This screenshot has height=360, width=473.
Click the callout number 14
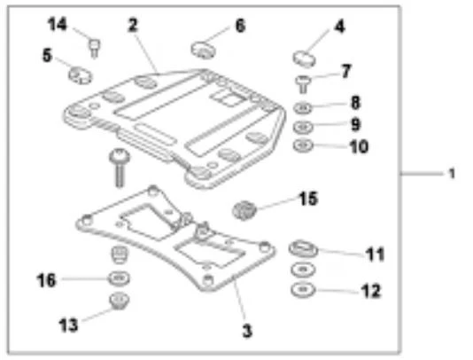tap(58, 24)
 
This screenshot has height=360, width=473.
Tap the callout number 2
tap(133, 25)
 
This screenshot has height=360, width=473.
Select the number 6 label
tap(240, 26)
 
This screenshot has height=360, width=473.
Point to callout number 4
tap(339, 27)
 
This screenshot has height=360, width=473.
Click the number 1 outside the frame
tap(452, 174)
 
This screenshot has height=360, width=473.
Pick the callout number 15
tap(308, 199)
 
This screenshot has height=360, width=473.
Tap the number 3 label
tap(247, 331)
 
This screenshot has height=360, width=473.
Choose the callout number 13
tap(68, 325)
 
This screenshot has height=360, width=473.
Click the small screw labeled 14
tap(95, 47)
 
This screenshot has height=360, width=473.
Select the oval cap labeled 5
tap(81, 74)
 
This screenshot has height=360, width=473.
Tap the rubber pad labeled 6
tap(204, 50)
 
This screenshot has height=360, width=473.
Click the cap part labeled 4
tap(305, 59)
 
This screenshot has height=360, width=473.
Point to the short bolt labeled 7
tap(302, 84)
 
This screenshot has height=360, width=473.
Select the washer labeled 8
tap(303, 107)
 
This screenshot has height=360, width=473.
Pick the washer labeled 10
tap(303, 145)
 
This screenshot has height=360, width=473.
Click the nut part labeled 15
tap(244, 209)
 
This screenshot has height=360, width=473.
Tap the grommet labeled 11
tap(303, 249)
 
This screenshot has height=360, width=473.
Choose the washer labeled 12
tap(303, 289)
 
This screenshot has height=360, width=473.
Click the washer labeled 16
tap(120, 278)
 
